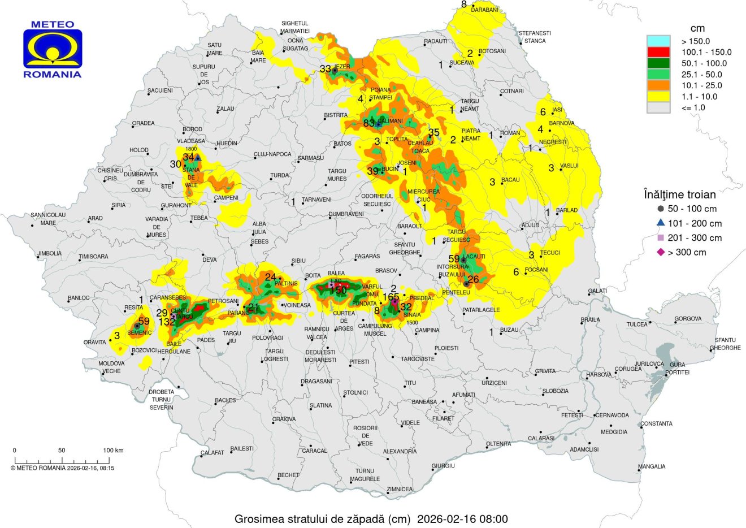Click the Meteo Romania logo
click(53, 50)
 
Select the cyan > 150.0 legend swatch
click(658, 41)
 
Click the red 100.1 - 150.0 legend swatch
click(658, 52)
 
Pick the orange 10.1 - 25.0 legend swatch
click(658, 85)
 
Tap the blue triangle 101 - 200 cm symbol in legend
click(661, 223)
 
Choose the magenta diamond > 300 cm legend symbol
click(661, 252)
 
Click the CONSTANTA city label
click(656, 423)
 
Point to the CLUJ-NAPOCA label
click(272, 154)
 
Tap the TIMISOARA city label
click(93, 257)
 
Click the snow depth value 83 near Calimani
click(368, 123)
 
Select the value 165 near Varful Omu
click(391, 296)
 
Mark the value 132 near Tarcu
click(167, 322)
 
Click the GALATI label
click(597, 291)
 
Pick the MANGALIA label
click(652, 466)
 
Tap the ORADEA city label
click(143, 123)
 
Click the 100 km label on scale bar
click(113, 451)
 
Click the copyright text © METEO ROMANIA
click(62, 468)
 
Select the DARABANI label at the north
click(485, 10)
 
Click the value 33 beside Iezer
click(325, 70)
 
